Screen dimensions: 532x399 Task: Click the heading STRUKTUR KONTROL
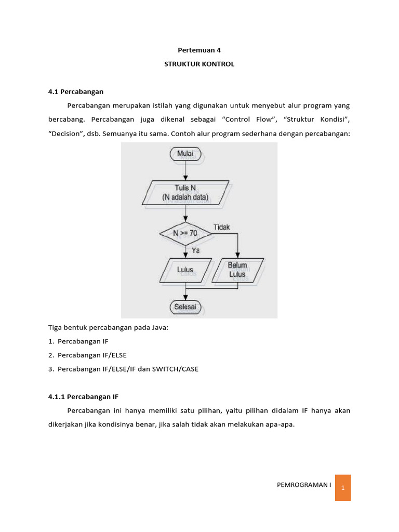point(199,64)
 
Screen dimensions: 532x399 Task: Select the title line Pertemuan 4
point(199,50)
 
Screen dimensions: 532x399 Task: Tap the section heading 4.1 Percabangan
point(76,92)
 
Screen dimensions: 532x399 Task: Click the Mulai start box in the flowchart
point(185,154)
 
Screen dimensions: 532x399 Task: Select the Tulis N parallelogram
point(185,193)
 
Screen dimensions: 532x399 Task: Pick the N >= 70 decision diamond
point(185,234)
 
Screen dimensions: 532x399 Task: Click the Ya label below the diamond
point(196,250)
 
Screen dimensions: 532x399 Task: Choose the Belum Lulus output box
point(237,270)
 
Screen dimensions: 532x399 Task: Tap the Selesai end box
point(185,307)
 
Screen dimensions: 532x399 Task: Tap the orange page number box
point(343,487)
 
